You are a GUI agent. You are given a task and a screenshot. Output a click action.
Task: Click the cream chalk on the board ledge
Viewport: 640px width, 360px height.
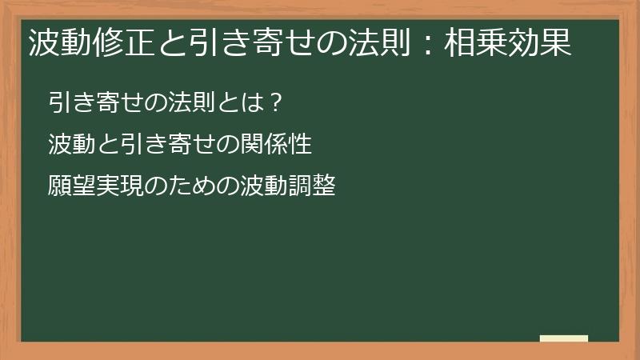click(564, 338)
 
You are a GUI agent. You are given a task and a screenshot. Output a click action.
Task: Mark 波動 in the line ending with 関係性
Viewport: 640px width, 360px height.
click(69, 145)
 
